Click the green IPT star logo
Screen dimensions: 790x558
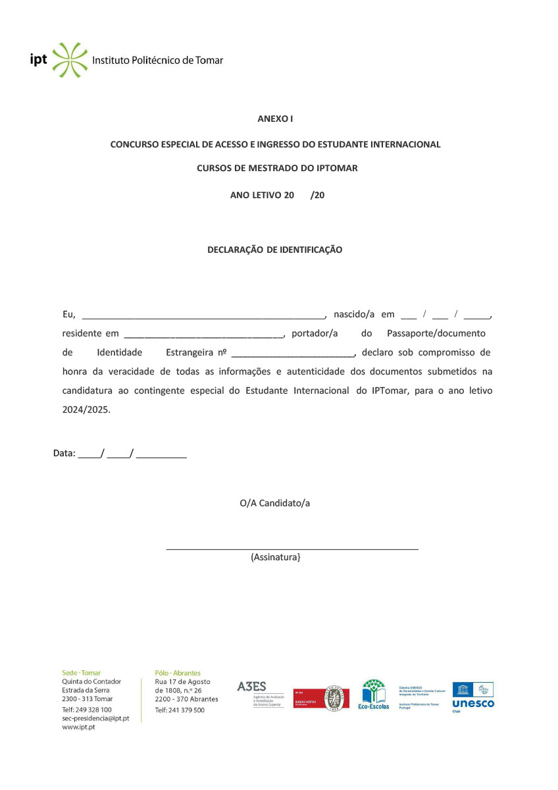tap(69, 60)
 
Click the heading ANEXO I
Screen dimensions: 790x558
tap(275, 118)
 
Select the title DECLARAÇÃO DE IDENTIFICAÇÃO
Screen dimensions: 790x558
tap(274, 250)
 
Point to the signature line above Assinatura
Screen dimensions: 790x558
tap(292, 548)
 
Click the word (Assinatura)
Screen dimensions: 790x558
tap(276, 558)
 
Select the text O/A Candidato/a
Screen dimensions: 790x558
tap(274, 504)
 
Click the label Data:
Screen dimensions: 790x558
tap(64, 454)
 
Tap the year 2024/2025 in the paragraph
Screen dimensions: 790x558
tap(86, 409)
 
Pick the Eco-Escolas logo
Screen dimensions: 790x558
tap(373, 695)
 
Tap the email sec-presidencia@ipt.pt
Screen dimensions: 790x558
tap(95, 718)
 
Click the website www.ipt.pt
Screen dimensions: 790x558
tap(78, 727)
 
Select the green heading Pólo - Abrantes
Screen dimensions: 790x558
tap(178, 673)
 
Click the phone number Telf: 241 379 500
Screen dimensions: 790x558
tap(180, 710)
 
